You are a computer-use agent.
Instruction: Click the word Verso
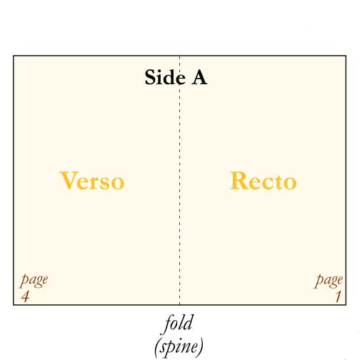click(92, 181)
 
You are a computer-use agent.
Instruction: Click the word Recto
click(264, 181)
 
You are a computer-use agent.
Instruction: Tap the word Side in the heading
click(165, 77)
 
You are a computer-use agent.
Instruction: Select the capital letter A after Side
click(199, 77)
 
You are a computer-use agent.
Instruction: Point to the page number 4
click(25, 296)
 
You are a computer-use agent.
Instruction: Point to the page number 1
click(339, 296)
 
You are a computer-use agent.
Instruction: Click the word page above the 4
click(34, 281)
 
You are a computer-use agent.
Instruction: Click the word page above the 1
click(329, 281)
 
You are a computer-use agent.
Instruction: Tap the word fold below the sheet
click(179, 323)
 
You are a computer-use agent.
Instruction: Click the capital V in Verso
click(69, 180)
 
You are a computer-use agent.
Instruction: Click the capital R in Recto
click(239, 180)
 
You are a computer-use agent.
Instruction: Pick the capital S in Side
click(150, 77)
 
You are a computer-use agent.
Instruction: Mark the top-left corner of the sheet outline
click(14, 56)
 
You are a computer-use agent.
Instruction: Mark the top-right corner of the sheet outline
click(346, 56)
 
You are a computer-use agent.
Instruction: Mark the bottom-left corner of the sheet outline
click(14, 304)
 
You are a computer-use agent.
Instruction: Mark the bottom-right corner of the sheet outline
click(346, 304)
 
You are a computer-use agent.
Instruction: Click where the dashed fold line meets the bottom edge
click(179, 304)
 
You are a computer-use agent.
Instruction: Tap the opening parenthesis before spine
click(157, 347)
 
